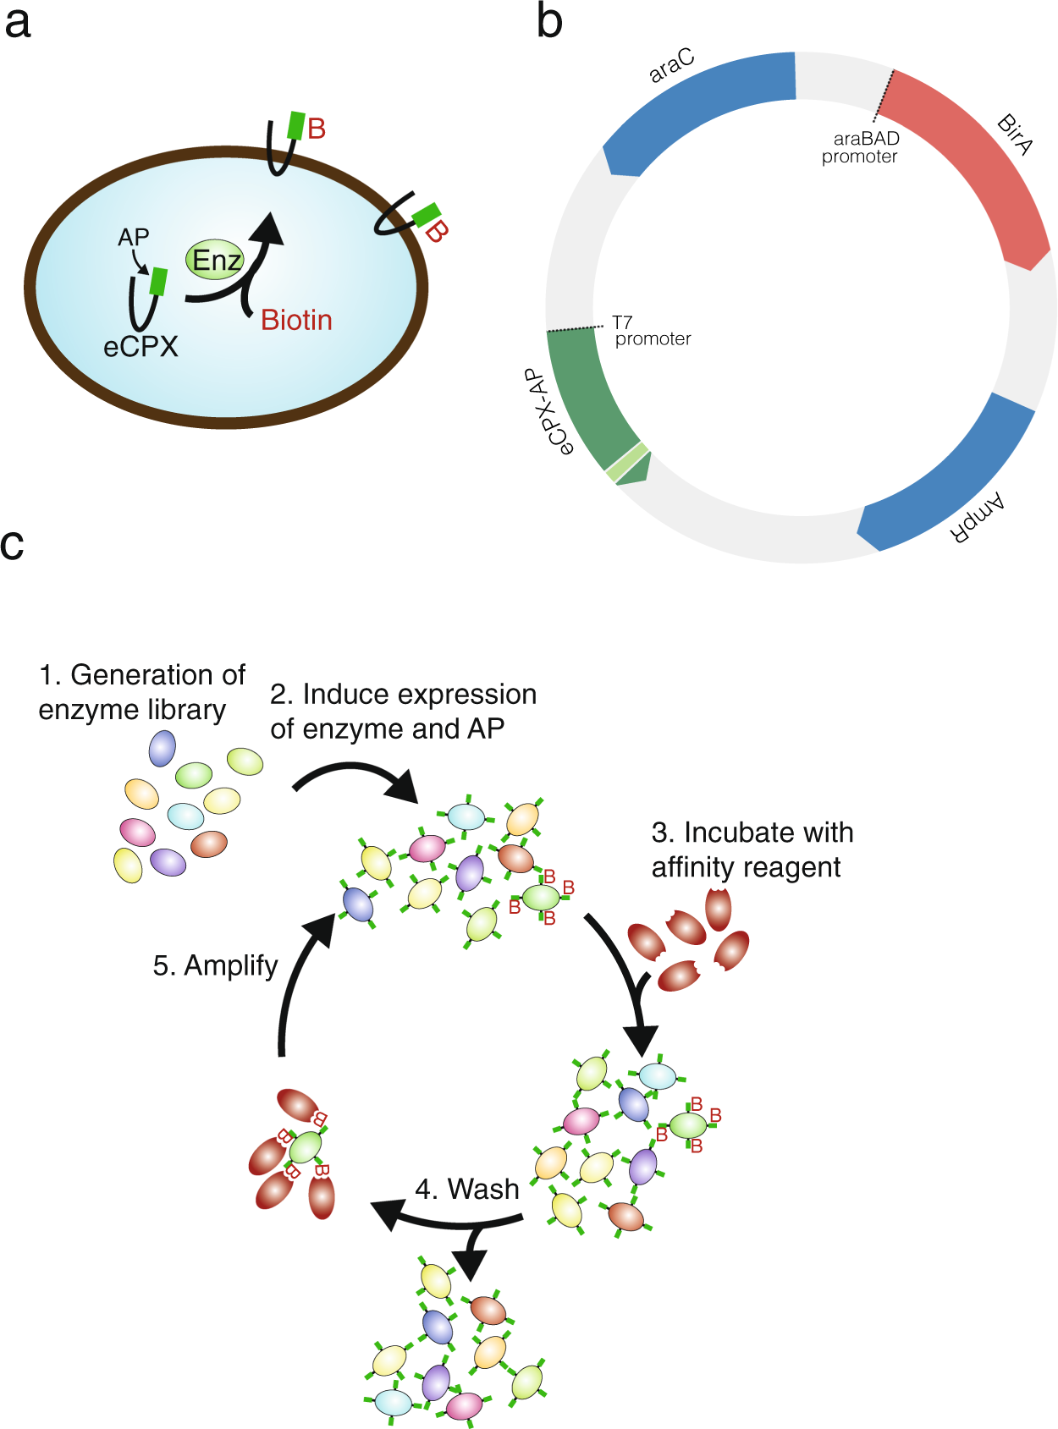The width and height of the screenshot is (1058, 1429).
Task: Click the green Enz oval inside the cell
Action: coord(216,260)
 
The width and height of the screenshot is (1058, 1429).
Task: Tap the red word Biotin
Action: coord(296,320)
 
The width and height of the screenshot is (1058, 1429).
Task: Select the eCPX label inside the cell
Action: coord(141,347)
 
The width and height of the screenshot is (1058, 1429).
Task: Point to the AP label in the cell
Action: coord(133,238)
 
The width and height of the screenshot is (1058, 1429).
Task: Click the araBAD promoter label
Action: coord(862,147)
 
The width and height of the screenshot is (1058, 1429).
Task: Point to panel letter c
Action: coord(13,544)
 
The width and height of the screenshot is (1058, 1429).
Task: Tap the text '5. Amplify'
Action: coord(215,965)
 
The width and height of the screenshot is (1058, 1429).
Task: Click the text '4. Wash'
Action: coord(466,1189)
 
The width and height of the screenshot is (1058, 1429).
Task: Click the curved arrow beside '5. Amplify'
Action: coord(296,981)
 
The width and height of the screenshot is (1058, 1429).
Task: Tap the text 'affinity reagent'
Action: coord(746,867)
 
